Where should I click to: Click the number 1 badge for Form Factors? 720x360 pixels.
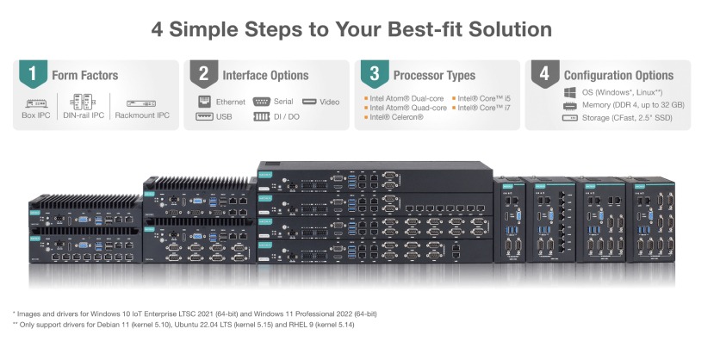(x=33, y=74)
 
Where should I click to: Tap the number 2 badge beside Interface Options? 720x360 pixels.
(x=203, y=74)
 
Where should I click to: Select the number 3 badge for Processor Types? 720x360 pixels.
(x=375, y=74)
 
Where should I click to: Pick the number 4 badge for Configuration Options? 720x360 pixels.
(x=545, y=74)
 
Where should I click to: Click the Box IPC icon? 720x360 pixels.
(x=35, y=102)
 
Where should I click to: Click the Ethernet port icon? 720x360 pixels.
(x=204, y=102)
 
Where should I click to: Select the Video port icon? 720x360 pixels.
(x=310, y=102)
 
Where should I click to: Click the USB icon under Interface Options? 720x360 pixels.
(x=204, y=116)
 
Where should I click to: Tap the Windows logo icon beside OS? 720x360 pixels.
(x=569, y=91)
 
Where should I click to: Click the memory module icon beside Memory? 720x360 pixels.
(x=569, y=105)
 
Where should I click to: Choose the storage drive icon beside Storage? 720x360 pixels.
(x=569, y=118)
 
